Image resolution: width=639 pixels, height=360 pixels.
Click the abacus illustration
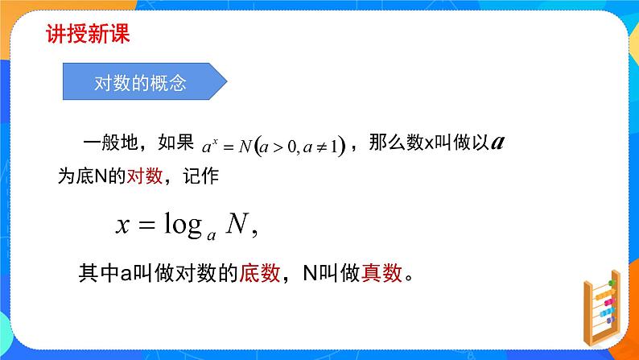600,310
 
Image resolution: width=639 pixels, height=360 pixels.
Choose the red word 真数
381,275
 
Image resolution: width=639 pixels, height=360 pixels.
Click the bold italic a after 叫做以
497,143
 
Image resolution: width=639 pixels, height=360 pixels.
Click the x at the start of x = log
122,226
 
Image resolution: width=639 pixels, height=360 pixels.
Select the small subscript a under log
211,235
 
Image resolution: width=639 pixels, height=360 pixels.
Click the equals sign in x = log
145,226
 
